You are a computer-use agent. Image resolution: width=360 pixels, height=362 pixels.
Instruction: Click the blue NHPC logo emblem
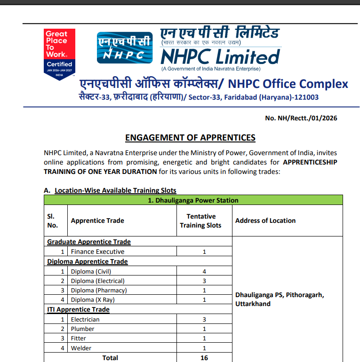[124, 47]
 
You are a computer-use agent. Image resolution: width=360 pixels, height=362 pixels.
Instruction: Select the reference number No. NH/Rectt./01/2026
[301, 118]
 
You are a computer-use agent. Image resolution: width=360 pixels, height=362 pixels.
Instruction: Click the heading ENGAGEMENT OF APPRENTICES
[190, 138]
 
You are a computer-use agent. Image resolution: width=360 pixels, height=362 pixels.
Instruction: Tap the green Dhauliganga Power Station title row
[193, 200]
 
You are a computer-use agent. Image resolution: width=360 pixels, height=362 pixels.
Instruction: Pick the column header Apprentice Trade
[97, 220]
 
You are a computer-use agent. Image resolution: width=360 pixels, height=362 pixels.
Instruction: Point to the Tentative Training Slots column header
[200, 220]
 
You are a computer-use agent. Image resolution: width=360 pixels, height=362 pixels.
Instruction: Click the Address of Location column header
[265, 220]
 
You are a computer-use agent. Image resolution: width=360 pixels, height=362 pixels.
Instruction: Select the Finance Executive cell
[97, 252]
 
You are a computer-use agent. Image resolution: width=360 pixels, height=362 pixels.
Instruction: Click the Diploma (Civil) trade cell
[91, 271]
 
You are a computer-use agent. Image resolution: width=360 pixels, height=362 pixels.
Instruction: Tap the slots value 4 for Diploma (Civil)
[204, 271]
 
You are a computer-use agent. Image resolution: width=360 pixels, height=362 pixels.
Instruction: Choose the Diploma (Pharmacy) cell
[99, 290]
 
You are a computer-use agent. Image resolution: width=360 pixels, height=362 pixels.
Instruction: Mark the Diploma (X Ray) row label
[93, 299]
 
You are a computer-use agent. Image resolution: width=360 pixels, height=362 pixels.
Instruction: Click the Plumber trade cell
[82, 329]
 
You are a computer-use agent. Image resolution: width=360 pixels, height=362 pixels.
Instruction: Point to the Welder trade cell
[81, 348]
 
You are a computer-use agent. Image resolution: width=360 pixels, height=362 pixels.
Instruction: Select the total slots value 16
[204, 358]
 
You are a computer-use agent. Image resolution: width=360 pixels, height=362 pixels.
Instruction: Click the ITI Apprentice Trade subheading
[78, 309]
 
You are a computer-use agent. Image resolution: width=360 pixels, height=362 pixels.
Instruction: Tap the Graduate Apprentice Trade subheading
[89, 242]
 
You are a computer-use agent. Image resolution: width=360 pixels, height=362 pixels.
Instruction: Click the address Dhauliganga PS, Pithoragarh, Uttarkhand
[280, 299]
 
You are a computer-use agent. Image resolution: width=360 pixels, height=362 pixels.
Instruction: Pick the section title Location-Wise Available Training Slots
[115, 190]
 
